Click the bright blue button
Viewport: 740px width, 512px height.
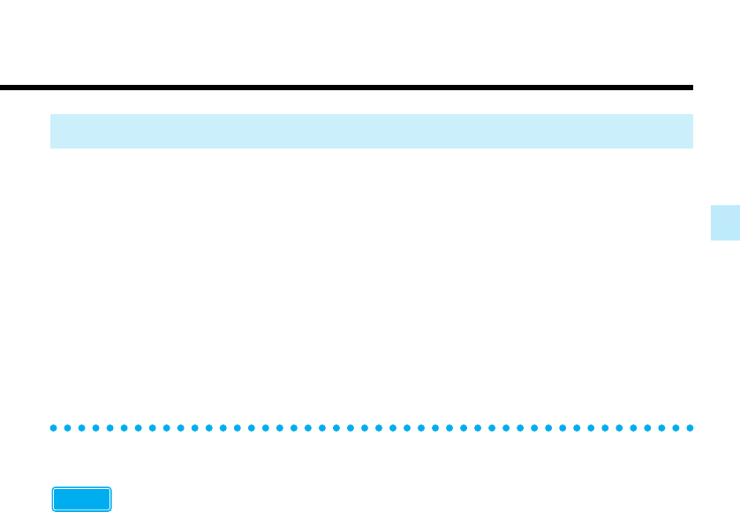pyautogui.click(x=81, y=500)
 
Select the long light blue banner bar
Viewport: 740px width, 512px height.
pyautogui.click(x=371, y=131)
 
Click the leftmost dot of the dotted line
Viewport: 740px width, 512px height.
pyautogui.click(x=54, y=428)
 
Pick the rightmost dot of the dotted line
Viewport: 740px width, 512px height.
pyautogui.click(x=689, y=428)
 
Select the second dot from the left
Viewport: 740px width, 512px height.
pyautogui.click(x=68, y=428)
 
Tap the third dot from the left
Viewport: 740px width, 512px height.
pyautogui.click(x=82, y=428)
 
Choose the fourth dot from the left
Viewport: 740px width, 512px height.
pyautogui.click(x=96, y=428)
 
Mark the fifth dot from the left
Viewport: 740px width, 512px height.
pyautogui.click(x=110, y=428)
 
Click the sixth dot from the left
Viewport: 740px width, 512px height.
pyautogui.click(x=125, y=428)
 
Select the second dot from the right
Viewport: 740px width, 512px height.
pyautogui.click(x=675, y=428)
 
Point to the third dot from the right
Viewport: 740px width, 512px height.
pyautogui.click(x=661, y=428)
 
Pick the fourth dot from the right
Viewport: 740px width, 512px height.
pyautogui.click(x=646, y=428)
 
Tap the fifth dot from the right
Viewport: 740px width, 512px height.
pyautogui.click(x=632, y=428)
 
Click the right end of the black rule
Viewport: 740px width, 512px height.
pyautogui.click(x=691, y=88)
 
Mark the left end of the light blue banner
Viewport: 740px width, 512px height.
pyautogui.click(x=53, y=131)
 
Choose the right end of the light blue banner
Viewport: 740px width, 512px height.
pyautogui.click(x=690, y=131)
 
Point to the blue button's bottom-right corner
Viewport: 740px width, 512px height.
pyautogui.click(x=110, y=510)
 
